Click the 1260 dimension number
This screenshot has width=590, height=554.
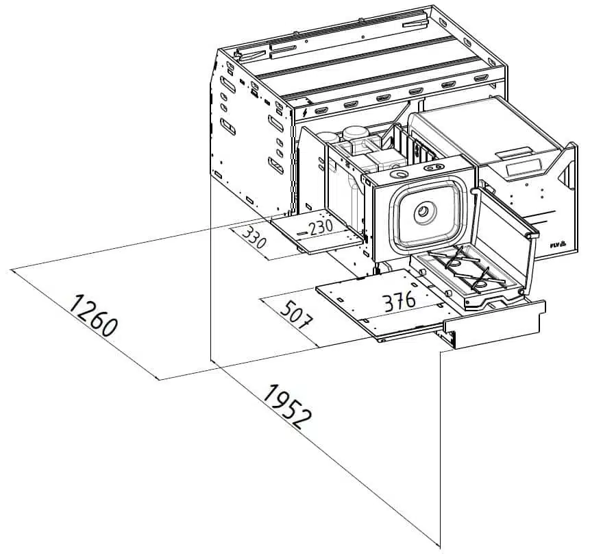pos(93,315)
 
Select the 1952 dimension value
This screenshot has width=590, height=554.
pos(288,407)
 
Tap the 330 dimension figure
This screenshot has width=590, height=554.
pos(254,238)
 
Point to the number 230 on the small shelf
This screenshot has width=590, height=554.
pos(320,228)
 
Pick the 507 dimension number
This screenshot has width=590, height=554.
pos(296,315)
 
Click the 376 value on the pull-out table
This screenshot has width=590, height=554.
pos(399,302)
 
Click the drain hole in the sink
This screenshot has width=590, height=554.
pos(425,212)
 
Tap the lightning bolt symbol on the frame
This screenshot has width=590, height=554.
pos(305,112)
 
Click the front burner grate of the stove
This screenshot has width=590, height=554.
pos(481,280)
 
